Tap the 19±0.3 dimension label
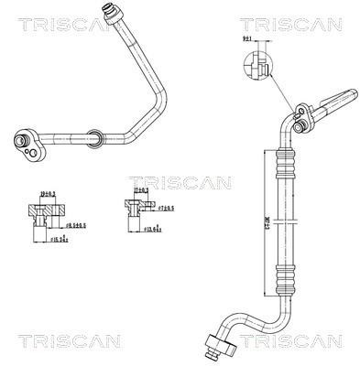[47, 193]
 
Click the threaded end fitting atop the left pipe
[114, 12]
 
